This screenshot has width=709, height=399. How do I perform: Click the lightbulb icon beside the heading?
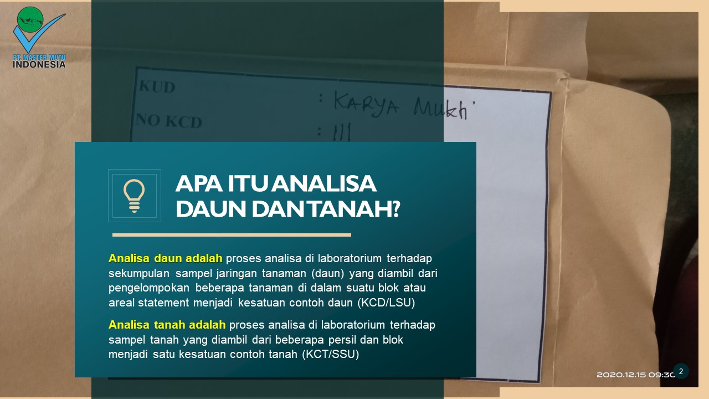[x=134, y=196]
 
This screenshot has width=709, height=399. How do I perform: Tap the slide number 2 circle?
[x=681, y=371]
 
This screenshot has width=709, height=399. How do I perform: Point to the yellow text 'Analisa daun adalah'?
[x=166, y=258]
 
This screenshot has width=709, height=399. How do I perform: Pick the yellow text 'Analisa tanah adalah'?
[x=167, y=325]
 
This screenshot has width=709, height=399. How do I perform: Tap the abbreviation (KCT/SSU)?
[x=331, y=355]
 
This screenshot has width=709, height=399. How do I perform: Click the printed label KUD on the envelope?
[x=157, y=87]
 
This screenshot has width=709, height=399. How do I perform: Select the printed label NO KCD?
[x=169, y=120]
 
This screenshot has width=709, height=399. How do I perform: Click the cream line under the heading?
[x=232, y=235]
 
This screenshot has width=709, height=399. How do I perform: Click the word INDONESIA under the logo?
[x=39, y=64]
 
